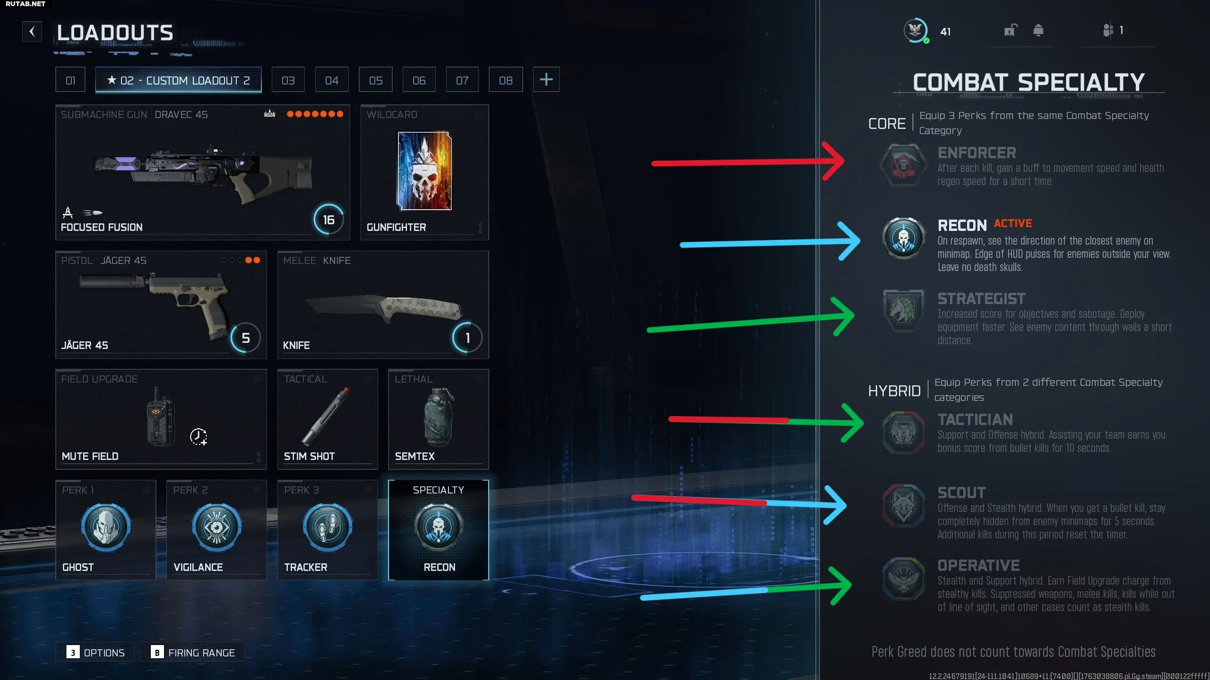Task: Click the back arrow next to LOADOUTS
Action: (32, 32)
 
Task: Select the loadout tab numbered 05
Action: (376, 80)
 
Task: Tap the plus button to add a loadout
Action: (546, 79)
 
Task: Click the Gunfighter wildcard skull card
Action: (424, 170)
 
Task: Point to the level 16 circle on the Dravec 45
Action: (328, 220)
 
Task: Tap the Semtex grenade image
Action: (438, 417)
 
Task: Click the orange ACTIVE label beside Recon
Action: (1013, 223)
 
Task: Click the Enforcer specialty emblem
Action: (904, 165)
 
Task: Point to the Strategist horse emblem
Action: (904, 312)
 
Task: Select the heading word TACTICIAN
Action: (975, 419)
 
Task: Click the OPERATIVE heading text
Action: (979, 565)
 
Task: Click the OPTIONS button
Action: (95, 652)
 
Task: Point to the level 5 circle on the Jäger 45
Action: (246, 338)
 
